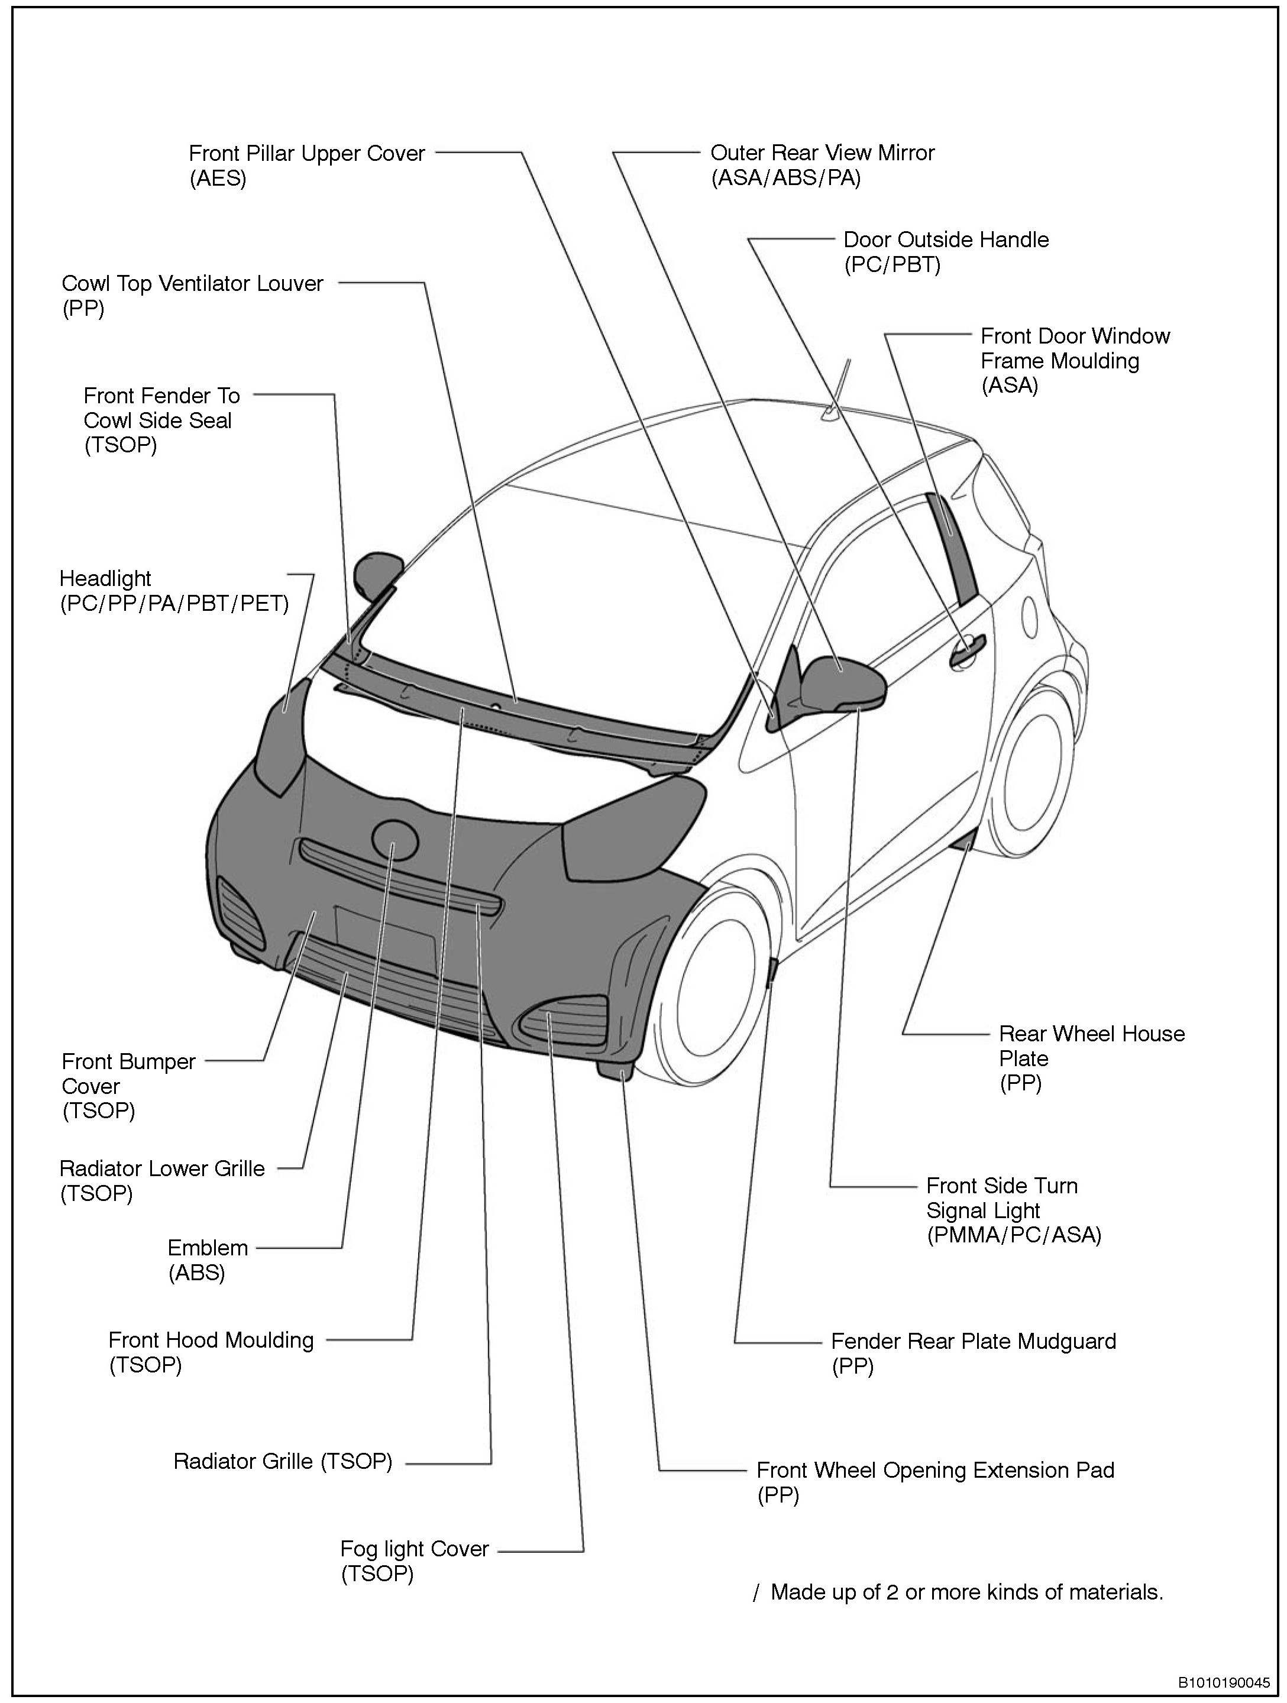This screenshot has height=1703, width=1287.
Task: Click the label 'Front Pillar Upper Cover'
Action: pyautogui.click(x=306, y=153)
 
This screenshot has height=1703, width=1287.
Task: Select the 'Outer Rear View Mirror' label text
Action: pyautogui.click(x=822, y=153)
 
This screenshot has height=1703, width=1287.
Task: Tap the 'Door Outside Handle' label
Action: pyautogui.click(x=946, y=239)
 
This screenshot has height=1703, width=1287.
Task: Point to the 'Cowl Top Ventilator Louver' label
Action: pyautogui.click(x=193, y=283)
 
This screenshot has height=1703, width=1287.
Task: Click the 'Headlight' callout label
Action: pyautogui.click(x=105, y=578)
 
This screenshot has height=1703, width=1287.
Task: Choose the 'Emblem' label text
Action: pyautogui.click(x=208, y=1247)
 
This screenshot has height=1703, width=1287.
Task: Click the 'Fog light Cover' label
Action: pyautogui.click(x=415, y=1548)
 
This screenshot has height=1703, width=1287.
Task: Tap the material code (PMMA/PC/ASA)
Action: pyautogui.click(x=1014, y=1235)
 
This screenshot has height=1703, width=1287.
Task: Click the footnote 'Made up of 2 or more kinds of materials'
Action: pyautogui.click(x=966, y=1591)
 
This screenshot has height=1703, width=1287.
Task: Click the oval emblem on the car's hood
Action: pyautogui.click(x=394, y=841)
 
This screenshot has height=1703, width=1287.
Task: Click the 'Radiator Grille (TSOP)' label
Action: pyautogui.click(x=283, y=1461)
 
